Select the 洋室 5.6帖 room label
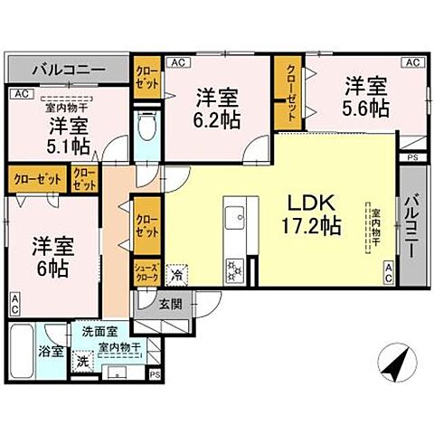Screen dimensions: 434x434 click(x=366, y=97)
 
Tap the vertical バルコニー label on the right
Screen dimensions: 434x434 click(x=411, y=226)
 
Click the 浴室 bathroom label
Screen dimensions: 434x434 click(x=50, y=351)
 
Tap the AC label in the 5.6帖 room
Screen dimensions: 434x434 click(x=411, y=62)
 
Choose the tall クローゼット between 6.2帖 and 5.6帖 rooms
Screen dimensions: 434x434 click(x=289, y=94)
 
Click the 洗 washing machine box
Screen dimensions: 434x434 click(x=82, y=361)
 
